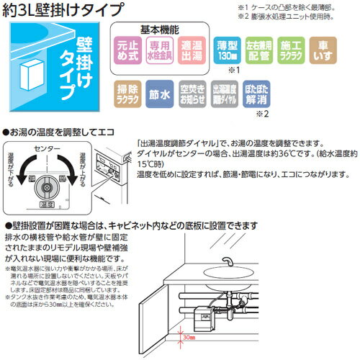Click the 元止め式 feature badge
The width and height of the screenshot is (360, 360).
coord(131,48)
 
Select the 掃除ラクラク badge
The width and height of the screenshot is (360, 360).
coord(129,94)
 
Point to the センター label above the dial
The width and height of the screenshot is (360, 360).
coord(48,148)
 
